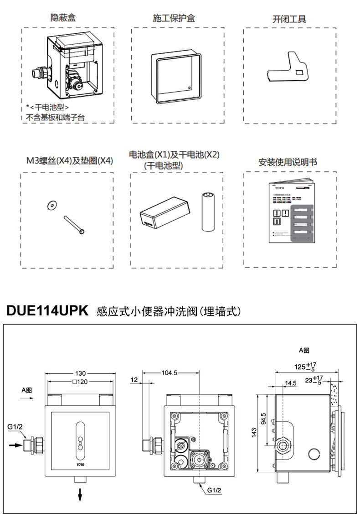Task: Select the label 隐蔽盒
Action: click(x=63, y=18)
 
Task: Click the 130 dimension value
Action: click(x=80, y=373)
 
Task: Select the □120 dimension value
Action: click(x=80, y=382)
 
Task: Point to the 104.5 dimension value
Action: click(x=169, y=373)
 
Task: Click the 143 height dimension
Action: click(x=253, y=433)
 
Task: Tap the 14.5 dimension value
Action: click(x=291, y=383)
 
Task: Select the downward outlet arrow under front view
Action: click(x=80, y=493)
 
